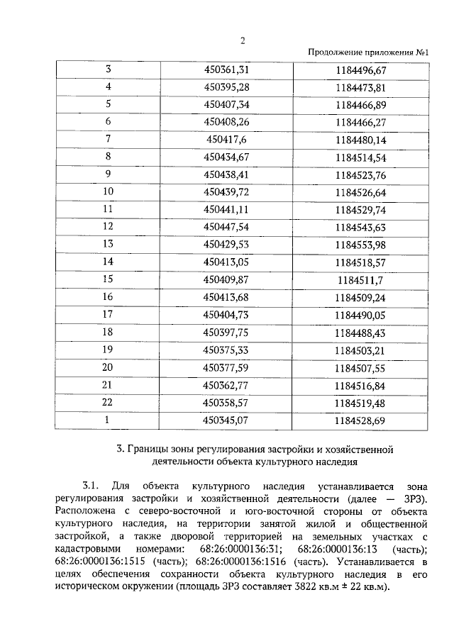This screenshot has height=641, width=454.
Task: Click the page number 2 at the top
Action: tap(243, 40)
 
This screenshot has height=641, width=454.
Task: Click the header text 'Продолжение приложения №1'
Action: tap(371, 53)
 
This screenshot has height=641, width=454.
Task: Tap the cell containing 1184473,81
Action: tap(370, 87)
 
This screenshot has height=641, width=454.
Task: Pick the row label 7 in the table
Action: tap(109, 139)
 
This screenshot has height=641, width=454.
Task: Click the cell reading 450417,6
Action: tap(227, 139)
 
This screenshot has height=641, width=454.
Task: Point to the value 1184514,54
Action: tap(370, 157)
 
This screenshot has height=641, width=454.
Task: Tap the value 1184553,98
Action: tap(370, 244)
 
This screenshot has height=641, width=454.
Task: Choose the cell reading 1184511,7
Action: tap(370, 279)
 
